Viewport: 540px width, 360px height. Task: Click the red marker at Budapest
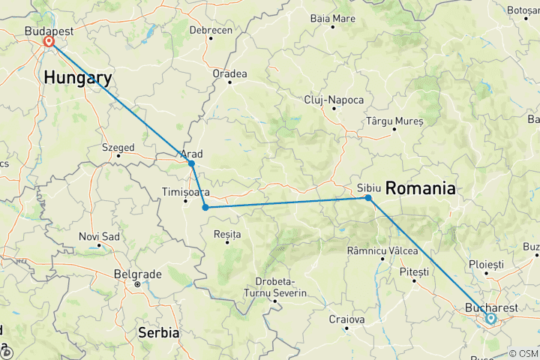click(49, 42)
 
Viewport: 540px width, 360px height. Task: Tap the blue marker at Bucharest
click(490, 319)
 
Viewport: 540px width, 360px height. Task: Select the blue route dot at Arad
click(191, 163)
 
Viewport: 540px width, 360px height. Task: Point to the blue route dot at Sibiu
click(368, 198)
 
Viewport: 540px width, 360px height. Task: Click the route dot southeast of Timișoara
click(205, 208)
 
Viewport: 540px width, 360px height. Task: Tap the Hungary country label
click(78, 77)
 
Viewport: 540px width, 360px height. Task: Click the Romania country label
click(420, 189)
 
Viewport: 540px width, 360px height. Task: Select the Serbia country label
click(158, 331)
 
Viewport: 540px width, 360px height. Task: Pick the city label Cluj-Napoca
click(334, 100)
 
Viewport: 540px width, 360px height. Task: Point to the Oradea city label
click(229, 73)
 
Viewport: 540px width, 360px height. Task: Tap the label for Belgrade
click(137, 274)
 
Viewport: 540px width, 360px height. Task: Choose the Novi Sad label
click(100, 237)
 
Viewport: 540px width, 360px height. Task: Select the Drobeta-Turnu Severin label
click(276, 286)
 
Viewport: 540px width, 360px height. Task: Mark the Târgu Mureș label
click(394, 121)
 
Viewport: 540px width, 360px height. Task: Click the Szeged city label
click(118, 148)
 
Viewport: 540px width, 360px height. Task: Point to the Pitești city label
click(414, 271)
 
